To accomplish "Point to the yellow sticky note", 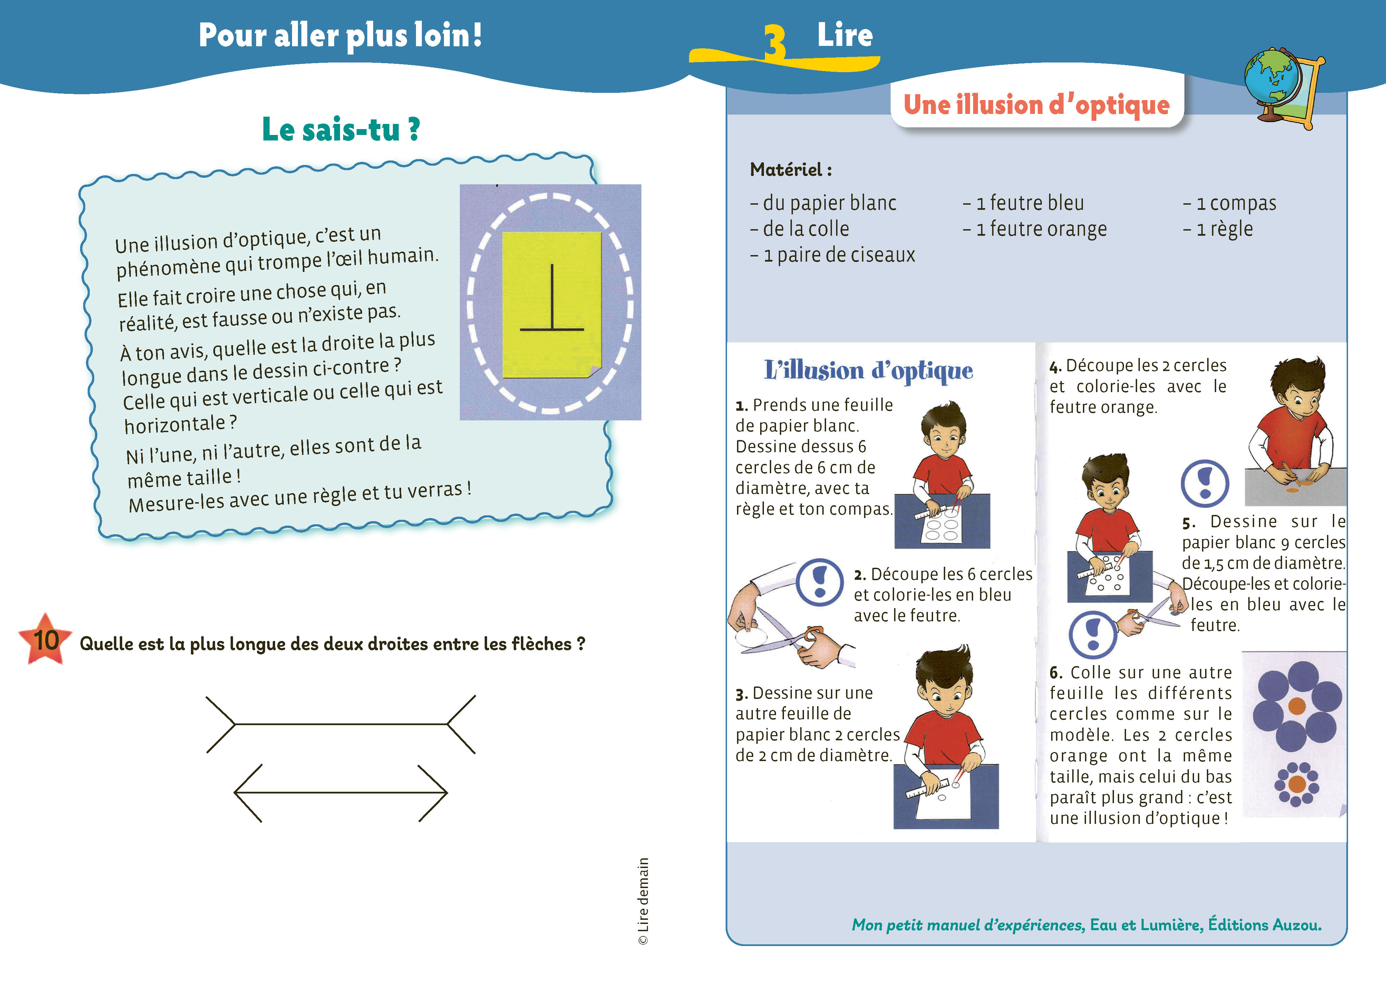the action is [552, 305].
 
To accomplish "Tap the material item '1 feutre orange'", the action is [1035, 229].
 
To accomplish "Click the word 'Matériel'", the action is [786, 170].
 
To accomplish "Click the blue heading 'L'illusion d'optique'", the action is [869, 370].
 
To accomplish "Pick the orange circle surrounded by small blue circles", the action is [1297, 784].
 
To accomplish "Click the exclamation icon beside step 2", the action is [820, 582].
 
